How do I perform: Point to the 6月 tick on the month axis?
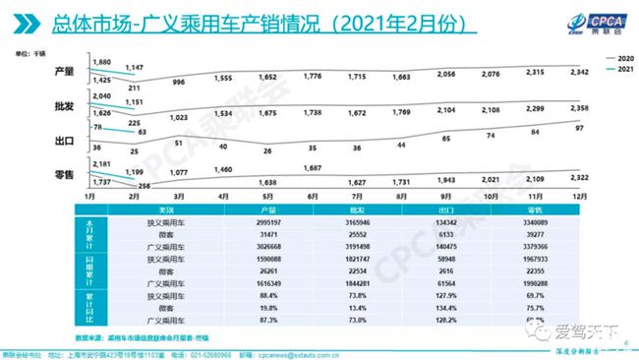click(x=314, y=198)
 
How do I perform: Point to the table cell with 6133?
click(x=458, y=236)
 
